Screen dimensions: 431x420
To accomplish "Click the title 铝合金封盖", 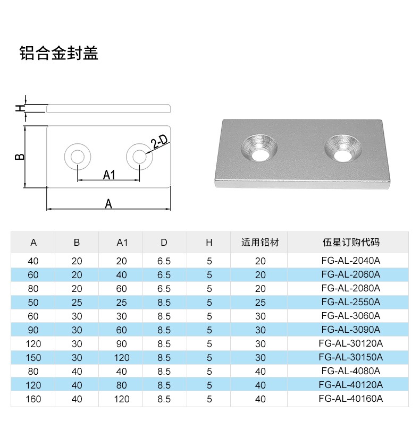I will pos(59,54).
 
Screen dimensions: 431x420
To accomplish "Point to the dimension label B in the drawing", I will pos(19,157).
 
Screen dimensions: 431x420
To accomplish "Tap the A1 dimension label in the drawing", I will pos(109,174).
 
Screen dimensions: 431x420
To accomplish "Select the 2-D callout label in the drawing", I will pos(159,142).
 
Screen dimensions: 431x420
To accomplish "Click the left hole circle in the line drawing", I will pos(77,157).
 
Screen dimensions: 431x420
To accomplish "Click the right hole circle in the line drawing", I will pos(140,157).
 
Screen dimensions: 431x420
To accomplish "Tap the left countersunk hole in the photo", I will pos(260,148).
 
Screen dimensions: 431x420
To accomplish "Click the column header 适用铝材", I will pos(260,243).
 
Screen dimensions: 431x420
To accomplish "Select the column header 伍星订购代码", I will pos(351,243).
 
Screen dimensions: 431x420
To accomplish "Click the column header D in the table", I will pos(164,243).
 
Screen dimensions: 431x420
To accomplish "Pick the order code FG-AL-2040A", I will pos(351,261).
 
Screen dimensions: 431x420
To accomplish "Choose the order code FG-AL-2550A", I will pos(351,302).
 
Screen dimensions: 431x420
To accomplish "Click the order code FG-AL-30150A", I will pos(351,357).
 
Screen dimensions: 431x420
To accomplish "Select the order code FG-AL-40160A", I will pos(351,399).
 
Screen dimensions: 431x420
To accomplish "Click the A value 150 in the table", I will pos(33,357).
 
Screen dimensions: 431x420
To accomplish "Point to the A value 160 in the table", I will pos(33,399).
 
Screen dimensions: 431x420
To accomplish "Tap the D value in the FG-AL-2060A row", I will pos(164,274).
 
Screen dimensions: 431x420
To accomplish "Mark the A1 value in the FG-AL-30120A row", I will pos(122,343).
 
